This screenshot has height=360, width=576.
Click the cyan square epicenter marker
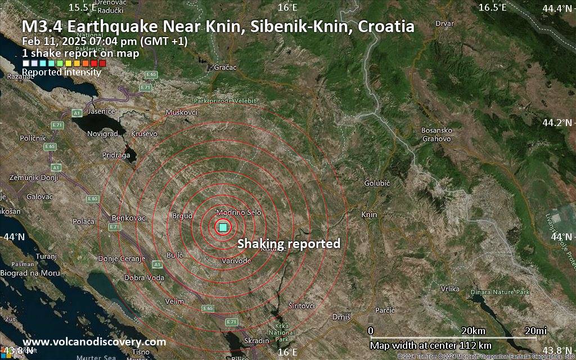pos(223,227)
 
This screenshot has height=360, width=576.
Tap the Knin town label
pos(369,215)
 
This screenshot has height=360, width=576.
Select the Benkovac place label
pos(129,218)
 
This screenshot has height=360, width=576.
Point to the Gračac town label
pos(226,67)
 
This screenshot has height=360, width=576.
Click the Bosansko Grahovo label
pos(436,134)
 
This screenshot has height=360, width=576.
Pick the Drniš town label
pos(341,317)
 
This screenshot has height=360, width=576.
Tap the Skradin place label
pos(257,341)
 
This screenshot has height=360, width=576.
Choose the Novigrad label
pos(102,134)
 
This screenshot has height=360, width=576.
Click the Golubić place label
pos(377,183)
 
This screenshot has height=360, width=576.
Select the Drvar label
pos(444,24)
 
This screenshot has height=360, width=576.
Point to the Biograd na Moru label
pos(31,273)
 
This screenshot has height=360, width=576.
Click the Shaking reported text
pos(289,244)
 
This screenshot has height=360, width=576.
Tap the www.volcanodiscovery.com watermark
pos(94,342)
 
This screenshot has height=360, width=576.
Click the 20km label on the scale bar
pos(472,330)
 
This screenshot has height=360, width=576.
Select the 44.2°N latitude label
pos(556,122)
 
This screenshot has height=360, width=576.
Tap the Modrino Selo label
pos(239,213)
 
